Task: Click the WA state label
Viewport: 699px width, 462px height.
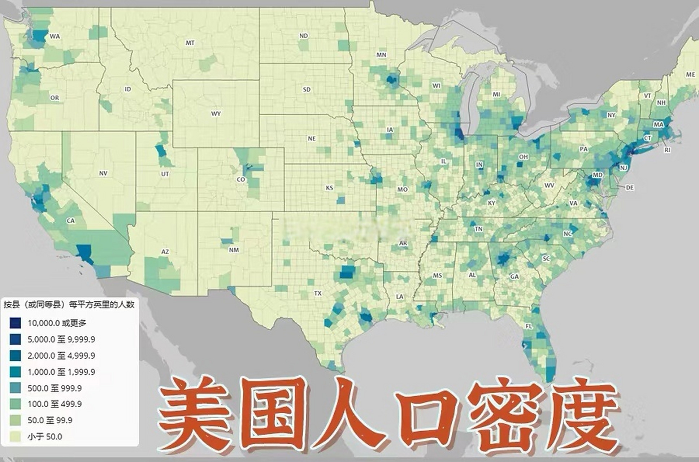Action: (55, 36)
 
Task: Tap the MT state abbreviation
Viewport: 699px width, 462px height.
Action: (190, 43)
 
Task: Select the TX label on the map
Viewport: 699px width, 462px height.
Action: (318, 293)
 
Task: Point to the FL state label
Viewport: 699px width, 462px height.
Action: (529, 326)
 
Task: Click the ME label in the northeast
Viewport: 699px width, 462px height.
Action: (690, 74)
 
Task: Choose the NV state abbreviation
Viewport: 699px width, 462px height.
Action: (103, 173)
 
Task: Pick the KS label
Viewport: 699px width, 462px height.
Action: (329, 188)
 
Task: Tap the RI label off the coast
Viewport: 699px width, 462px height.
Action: (667, 150)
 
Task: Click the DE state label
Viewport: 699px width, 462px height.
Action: (630, 187)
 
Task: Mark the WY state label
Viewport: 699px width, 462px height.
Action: (216, 114)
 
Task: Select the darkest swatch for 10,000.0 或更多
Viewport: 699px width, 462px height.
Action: (16, 323)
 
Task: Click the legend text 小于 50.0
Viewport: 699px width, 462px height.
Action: (45, 436)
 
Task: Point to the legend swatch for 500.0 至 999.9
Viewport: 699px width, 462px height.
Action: (16, 388)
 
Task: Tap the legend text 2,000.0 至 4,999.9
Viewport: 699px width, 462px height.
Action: (61, 356)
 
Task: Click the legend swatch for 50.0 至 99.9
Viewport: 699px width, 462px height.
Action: (16, 420)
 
